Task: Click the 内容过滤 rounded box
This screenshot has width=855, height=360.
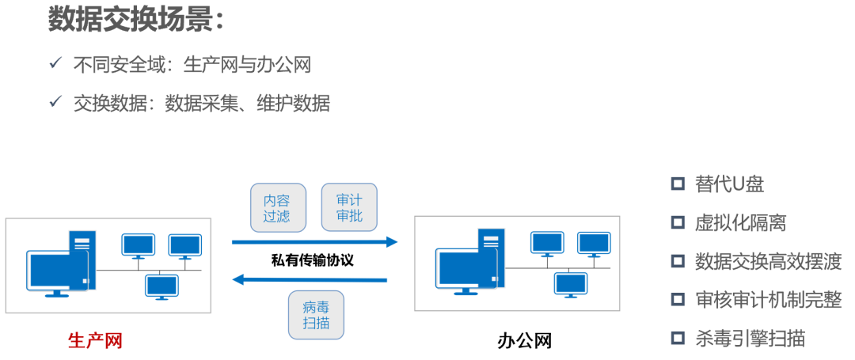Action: point(277,208)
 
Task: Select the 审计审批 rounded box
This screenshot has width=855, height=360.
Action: point(349,208)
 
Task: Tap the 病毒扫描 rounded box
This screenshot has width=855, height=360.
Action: point(316,316)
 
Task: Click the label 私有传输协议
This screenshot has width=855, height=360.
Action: point(312,260)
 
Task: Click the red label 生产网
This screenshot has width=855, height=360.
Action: point(96,341)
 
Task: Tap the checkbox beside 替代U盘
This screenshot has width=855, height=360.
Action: point(678,184)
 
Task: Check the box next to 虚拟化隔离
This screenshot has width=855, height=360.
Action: point(678,222)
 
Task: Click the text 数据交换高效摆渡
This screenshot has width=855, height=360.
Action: point(768,261)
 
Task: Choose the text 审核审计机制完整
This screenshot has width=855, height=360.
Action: point(768,300)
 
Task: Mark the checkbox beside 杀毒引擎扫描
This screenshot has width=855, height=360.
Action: point(678,339)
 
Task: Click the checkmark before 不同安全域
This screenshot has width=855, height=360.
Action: point(55,63)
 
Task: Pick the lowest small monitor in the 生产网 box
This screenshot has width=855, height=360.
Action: point(161,286)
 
